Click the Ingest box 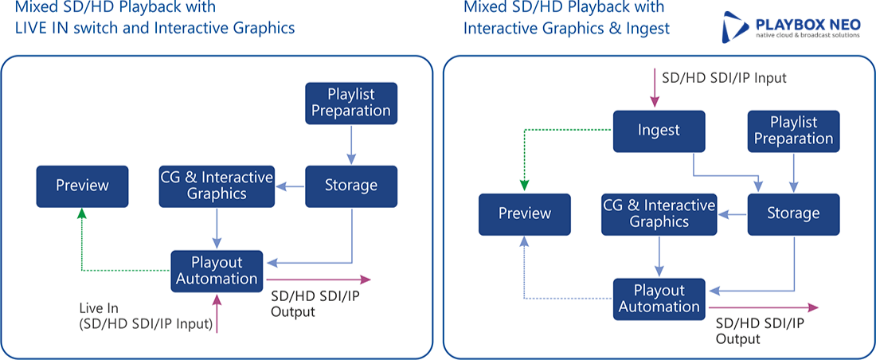pos(659,131)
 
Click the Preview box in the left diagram pos(82,186)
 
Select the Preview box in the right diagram pos(525,214)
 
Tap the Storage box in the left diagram pos(351,186)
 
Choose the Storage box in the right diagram pos(793,214)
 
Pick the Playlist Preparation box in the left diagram pos(351,104)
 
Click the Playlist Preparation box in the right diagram pos(793,131)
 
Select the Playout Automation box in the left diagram pos(217,271)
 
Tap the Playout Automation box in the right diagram pos(659,299)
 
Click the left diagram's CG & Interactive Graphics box pos(217,186)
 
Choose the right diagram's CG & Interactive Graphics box pos(659,214)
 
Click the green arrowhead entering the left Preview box pos(82,213)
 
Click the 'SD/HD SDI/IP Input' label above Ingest pos(724,78)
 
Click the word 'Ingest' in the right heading pos(650,29)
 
